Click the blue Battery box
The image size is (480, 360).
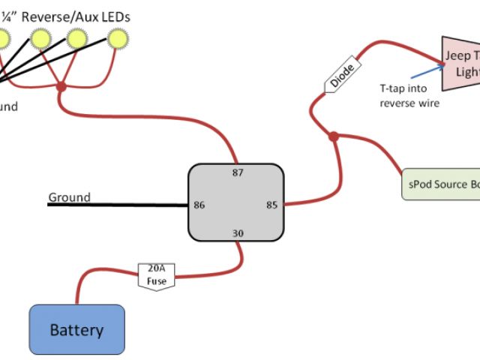76,329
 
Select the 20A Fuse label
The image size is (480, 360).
156,275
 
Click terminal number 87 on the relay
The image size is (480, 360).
238,174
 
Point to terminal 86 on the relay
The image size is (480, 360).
199,204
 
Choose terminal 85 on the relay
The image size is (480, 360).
272,204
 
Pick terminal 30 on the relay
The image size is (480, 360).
238,233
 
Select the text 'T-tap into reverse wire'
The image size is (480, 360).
409,96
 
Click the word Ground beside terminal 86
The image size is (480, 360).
69,198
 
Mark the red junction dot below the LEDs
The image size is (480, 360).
61,88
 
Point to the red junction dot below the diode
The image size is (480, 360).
334,136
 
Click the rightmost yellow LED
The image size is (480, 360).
118,37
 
